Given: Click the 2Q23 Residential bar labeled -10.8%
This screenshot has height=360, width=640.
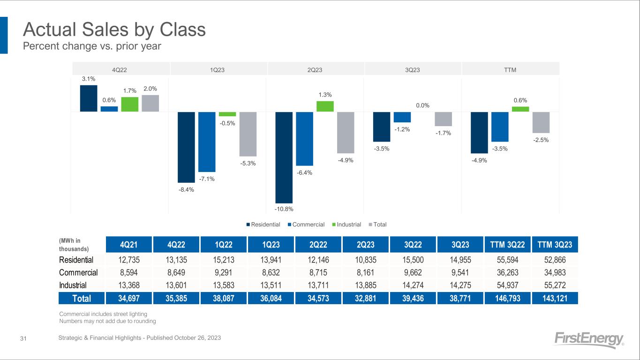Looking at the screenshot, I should tap(284, 157).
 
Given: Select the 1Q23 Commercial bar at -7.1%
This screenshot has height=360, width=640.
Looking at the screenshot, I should tap(207, 142).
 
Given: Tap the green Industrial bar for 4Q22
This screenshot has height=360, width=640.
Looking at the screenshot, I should tap(129, 104).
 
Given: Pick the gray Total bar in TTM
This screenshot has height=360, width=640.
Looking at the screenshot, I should tap(541, 122).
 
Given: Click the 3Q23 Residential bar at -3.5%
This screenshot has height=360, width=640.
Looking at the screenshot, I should tap(381, 127).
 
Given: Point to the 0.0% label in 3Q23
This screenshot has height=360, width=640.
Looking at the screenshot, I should tap(422, 106).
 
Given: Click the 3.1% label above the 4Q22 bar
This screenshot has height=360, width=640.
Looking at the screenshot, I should tap(88, 79).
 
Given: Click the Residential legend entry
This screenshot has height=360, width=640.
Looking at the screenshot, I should tap(264, 225).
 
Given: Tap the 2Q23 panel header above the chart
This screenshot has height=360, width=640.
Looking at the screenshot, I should tap(315, 70).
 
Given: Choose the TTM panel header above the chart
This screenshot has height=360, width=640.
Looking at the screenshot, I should tap(510, 70).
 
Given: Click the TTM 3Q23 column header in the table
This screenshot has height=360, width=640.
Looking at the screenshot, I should tap(555, 244).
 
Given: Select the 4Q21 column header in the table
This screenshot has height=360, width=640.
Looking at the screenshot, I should tap(128, 244).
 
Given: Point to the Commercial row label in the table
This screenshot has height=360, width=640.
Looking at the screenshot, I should tap(78, 272).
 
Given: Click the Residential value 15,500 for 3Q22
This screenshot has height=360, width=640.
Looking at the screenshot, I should tap(412, 260).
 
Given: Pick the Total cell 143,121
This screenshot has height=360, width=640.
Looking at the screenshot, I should tap(555, 298).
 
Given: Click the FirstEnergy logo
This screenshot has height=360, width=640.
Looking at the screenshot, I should tap(588, 340).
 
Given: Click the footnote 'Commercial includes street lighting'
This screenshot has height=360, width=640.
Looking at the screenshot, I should tap(103, 314).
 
